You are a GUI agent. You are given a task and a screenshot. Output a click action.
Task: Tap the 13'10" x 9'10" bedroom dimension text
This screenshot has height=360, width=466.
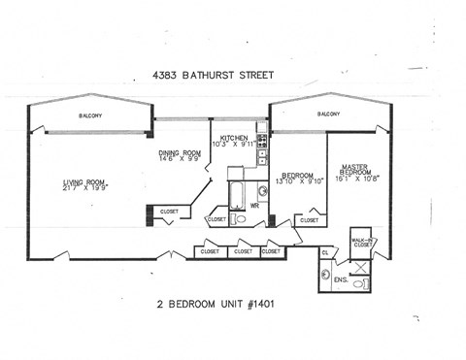pos(300,181)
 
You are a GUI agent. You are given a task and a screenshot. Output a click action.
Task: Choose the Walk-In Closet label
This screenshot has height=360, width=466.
pos(362,243)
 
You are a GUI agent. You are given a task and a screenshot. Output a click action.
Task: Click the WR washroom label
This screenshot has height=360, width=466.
pos(254,205)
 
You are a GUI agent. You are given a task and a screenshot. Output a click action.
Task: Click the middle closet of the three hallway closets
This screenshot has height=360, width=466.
pos(243,251)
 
